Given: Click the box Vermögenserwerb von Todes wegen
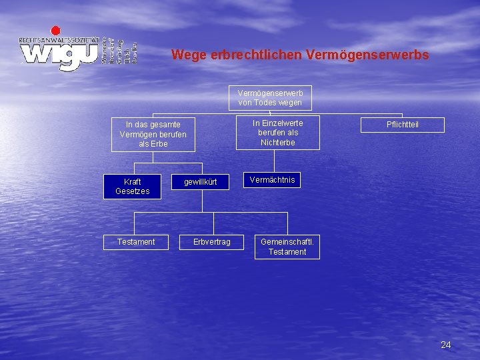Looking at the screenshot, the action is point(270,98).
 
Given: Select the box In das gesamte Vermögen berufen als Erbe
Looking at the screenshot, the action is point(153,134).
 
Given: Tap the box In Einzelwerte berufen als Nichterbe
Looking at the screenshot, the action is point(277,133).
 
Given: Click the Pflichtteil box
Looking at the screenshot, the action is point(403,125).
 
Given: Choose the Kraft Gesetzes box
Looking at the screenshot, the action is point(132,186).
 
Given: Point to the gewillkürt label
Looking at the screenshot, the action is point(201,181).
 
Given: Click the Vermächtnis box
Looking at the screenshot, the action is point(272,180).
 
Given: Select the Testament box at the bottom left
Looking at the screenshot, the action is point(136,242).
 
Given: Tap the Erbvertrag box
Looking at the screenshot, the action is point(212,241).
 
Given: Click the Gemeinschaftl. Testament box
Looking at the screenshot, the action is point(287,247).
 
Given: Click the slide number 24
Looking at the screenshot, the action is point(446,345).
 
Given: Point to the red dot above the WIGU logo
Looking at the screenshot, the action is point(56,30).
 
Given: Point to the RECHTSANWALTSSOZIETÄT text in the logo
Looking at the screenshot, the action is point(59,40).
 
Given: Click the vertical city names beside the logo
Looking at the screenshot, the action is point(119,51).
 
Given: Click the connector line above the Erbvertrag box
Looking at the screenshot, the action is point(212,223).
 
